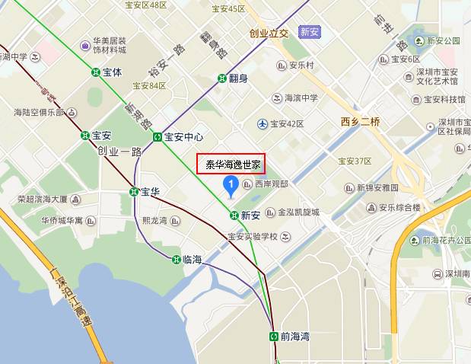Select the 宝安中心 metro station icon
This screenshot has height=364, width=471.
[158, 137]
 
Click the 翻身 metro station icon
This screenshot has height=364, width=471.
[221, 78]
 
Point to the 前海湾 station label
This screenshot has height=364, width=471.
[295, 336]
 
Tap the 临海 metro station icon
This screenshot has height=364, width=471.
[177, 260]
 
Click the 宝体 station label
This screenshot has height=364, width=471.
[113, 72]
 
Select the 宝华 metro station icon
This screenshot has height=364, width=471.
[134, 192]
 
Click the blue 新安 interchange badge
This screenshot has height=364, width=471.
[308, 32]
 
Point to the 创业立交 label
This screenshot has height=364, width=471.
[269, 33]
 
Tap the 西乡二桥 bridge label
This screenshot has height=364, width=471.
[360, 122]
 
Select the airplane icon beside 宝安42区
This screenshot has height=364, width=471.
[263, 123]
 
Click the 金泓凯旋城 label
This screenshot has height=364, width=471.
[298, 212]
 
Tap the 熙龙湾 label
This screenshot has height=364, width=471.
[154, 221]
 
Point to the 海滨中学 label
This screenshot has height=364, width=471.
[300, 97]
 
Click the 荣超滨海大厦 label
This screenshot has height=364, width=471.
[43, 200]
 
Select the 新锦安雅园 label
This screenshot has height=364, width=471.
[377, 187]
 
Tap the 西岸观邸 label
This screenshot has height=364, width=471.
[272, 184]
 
